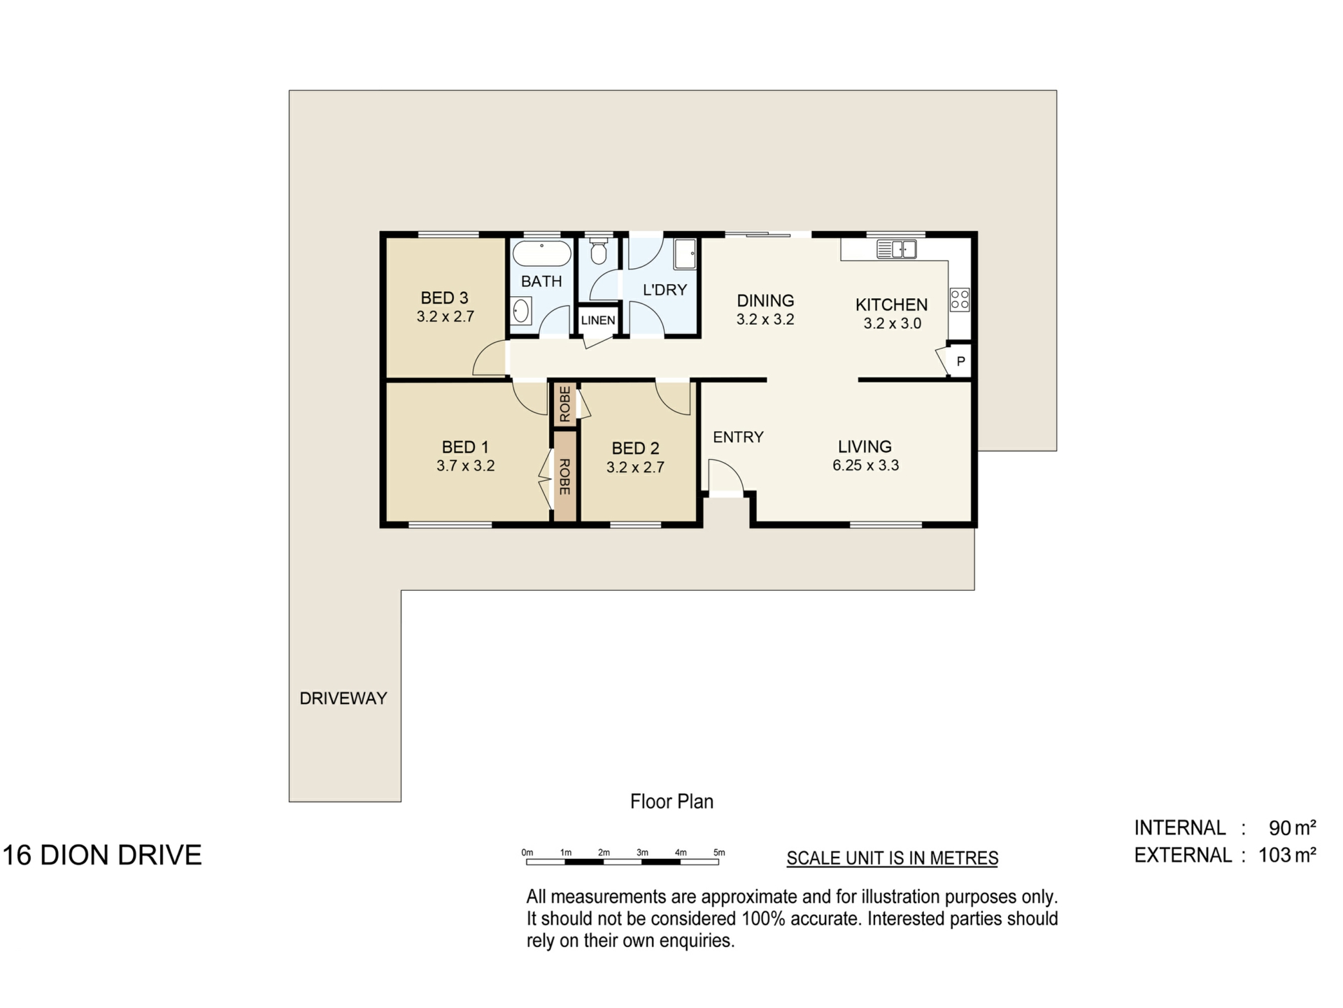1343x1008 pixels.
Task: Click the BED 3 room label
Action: click(x=444, y=298)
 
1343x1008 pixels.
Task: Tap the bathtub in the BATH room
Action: click(x=542, y=253)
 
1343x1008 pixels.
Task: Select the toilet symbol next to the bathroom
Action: click(x=598, y=251)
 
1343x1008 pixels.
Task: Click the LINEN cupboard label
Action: click(x=598, y=321)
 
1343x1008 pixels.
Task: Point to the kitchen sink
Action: click(x=896, y=248)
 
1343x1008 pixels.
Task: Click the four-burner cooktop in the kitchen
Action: click(x=960, y=300)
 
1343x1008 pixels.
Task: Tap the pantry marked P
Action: click(x=960, y=362)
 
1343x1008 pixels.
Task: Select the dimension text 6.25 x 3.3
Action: click(x=865, y=465)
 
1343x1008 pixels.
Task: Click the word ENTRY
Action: click(x=738, y=437)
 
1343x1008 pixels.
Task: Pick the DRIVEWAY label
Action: click(x=343, y=699)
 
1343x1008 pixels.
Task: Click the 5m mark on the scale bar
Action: click(x=719, y=853)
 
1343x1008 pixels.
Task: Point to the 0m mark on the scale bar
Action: click(x=527, y=853)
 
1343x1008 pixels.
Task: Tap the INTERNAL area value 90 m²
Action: click(x=1293, y=828)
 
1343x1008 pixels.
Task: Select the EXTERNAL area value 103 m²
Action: click(x=1287, y=855)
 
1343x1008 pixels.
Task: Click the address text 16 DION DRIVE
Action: click(x=103, y=855)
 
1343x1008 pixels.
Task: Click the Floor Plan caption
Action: click(x=671, y=801)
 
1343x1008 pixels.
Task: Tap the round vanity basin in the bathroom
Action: click(x=520, y=311)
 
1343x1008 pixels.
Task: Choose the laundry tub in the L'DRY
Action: click(x=685, y=254)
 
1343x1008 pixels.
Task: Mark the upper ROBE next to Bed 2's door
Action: click(x=564, y=404)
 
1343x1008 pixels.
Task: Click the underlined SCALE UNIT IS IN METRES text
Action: click(x=893, y=858)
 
